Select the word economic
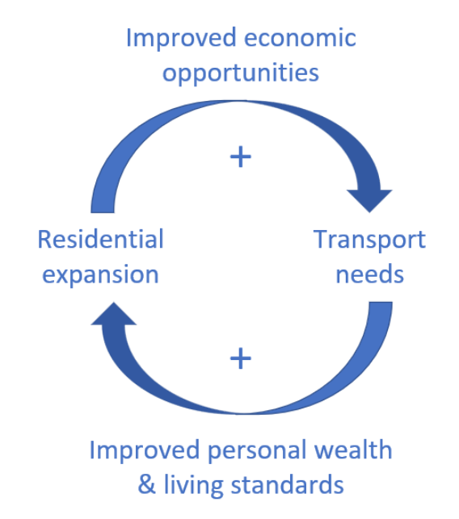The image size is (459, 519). click(300, 37)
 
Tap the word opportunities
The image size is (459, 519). click(241, 73)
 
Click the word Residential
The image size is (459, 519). click(101, 239)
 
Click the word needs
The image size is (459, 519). click(370, 274)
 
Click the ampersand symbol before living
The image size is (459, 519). click(146, 484)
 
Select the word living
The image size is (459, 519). click(194, 486)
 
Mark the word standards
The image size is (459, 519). click(287, 484)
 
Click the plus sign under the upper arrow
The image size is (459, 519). click(241, 157)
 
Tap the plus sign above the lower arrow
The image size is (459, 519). click(241, 358)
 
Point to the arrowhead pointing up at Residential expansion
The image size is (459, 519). click(114, 313)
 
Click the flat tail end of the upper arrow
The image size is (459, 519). click(103, 212)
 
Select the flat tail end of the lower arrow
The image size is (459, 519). click(381, 302)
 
